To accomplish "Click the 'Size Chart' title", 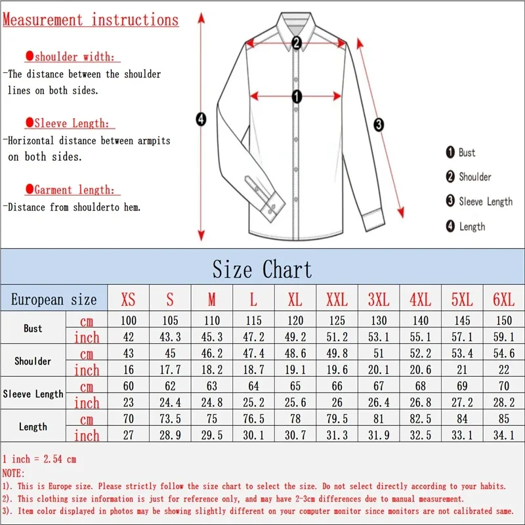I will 262,269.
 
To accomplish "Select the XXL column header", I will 337,300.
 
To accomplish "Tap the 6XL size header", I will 503,300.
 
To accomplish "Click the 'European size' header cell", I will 54,300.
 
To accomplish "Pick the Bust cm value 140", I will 420,321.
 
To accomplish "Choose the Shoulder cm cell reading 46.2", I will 211,354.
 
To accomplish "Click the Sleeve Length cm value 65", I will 295,387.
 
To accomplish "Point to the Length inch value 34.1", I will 503,435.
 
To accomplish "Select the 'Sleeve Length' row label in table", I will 33,394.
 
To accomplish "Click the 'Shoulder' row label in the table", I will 33,361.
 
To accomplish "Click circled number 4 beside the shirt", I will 201,119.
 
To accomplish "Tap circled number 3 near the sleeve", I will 379,124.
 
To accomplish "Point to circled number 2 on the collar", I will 296,43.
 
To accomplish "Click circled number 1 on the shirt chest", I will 296,97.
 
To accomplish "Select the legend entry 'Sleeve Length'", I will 485,201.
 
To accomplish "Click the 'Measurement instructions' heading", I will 91,20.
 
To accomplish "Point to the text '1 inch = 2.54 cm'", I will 39,459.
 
